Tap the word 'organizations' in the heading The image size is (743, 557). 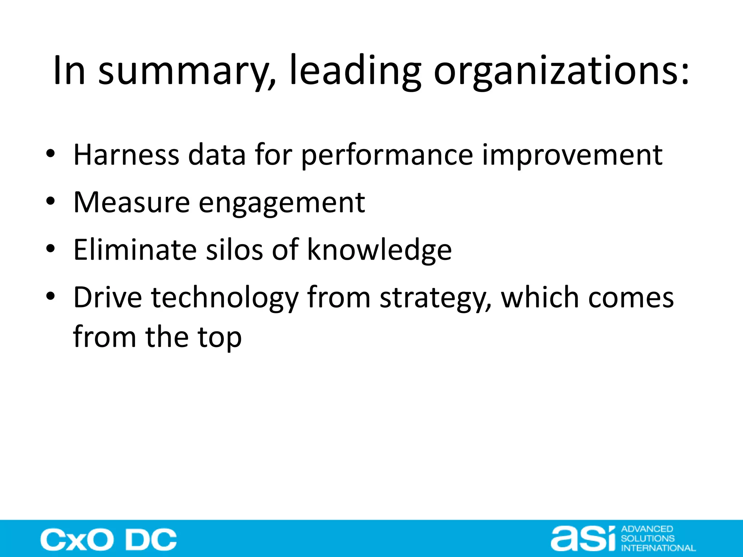(x=561, y=71)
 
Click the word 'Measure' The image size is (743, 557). (x=131, y=202)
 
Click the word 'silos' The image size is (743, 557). (x=234, y=250)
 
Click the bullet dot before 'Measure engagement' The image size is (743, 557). (x=50, y=201)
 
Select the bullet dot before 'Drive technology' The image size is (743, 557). (x=50, y=296)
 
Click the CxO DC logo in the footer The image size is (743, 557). (x=108, y=540)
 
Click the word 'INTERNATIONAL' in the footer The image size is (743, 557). (x=658, y=548)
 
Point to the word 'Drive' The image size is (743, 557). (x=107, y=297)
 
